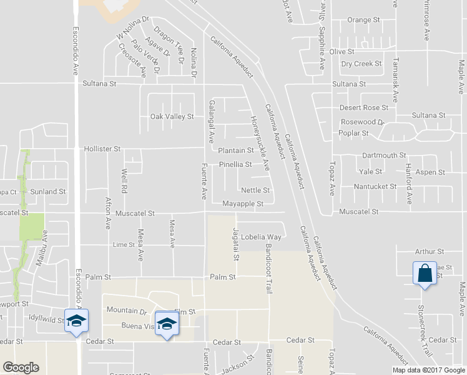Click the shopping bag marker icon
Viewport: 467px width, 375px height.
click(425, 274)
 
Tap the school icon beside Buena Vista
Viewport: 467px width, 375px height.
click(167, 324)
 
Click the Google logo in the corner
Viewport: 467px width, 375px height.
click(21, 367)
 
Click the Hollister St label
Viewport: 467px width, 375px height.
click(102, 149)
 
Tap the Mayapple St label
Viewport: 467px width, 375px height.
click(243, 204)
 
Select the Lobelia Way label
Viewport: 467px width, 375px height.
click(262, 237)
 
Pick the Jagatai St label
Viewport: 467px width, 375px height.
click(236, 245)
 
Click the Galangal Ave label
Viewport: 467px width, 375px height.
click(212, 119)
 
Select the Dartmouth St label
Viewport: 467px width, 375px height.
click(385, 156)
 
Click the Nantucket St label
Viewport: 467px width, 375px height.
click(375, 186)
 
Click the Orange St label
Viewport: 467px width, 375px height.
click(363, 20)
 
